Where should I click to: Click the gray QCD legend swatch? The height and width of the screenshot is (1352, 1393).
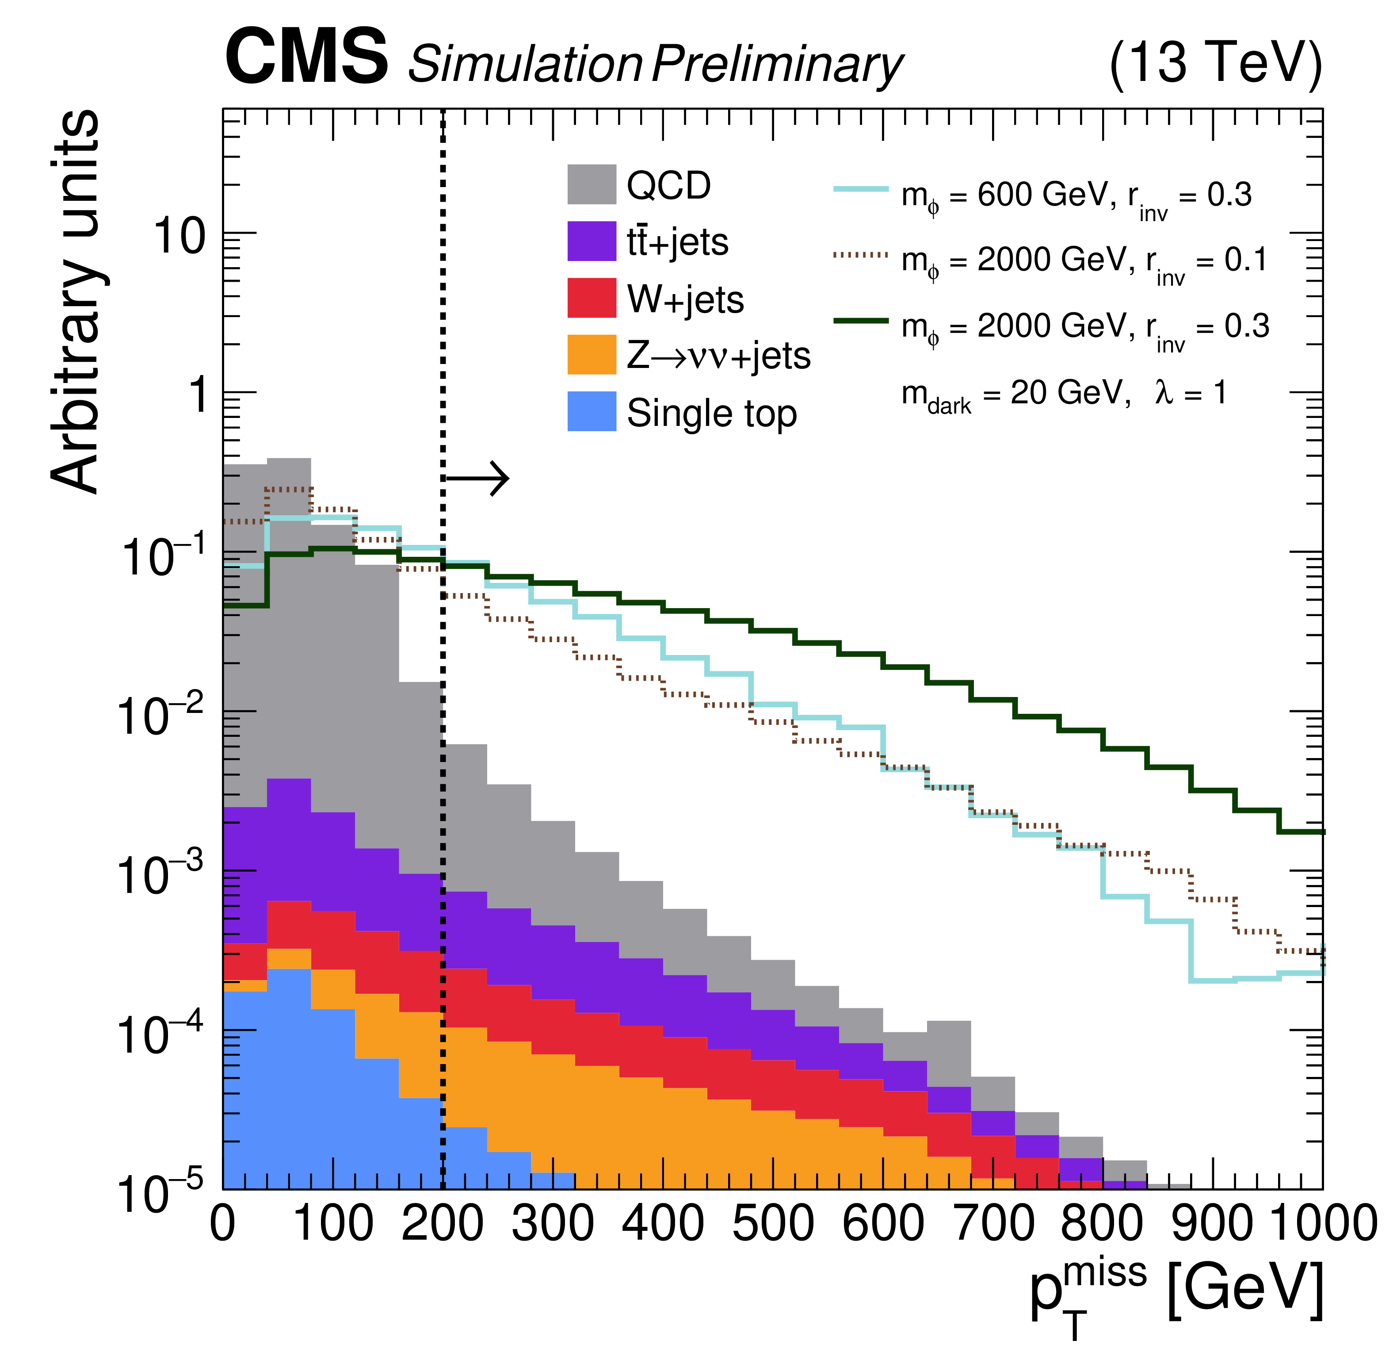(x=592, y=184)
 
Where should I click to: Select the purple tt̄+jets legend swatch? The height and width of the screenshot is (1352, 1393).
(x=592, y=241)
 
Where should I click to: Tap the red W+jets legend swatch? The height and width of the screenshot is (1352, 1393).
(x=592, y=298)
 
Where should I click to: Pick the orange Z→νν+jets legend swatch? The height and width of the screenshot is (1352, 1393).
(x=592, y=355)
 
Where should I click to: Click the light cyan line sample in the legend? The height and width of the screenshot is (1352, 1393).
(x=861, y=189)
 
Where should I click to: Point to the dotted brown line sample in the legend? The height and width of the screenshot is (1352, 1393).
(x=861, y=254)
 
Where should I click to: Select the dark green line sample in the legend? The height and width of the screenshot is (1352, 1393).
(x=861, y=321)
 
